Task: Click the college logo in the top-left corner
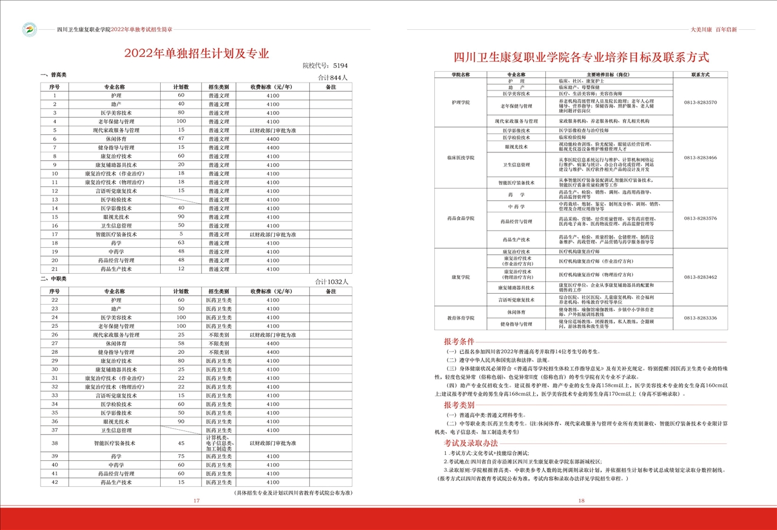tap(29, 29)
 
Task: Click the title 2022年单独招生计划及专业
tap(197, 53)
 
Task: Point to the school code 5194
tap(340, 66)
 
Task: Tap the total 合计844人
tap(334, 78)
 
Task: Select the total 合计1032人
tap(332, 282)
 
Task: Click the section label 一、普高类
tap(53, 75)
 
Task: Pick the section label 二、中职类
tap(53, 279)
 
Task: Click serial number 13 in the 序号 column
tap(55, 200)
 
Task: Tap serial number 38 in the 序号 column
tap(55, 443)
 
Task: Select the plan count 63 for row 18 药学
tap(181, 243)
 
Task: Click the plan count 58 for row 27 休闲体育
tap(181, 344)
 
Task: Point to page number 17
tap(197, 501)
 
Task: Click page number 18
tap(581, 501)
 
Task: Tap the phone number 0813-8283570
tap(700, 103)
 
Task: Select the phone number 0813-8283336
tap(700, 318)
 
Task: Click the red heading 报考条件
tap(459, 341)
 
